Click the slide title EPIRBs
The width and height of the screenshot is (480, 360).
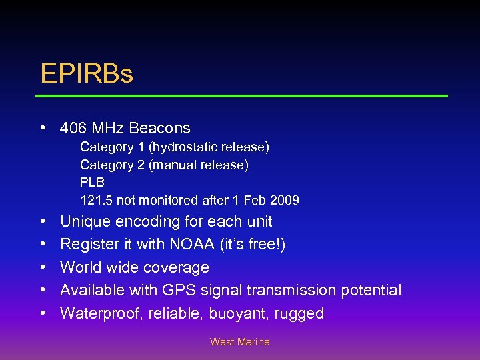[87, 73]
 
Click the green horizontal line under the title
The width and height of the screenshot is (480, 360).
[241, 96]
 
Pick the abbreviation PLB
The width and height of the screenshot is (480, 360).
[92, 182]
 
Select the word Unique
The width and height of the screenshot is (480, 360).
[85, 221]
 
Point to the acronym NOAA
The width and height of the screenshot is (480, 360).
[192, 245]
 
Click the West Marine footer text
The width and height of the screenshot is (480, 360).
[240, 342]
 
